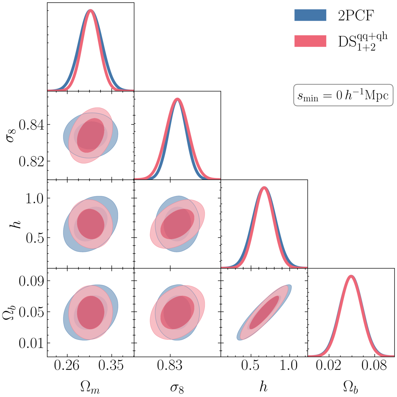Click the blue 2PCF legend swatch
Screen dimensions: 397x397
pyautogui.click(x=310, y=15)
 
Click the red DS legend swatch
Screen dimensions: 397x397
pyautogui.click(x=310, y=41)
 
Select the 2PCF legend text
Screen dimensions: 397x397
pyautogui.click(x=356, y=15)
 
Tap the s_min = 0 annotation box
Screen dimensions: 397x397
pyautogui.click(x=343, y=95)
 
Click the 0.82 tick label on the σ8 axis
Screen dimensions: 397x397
pyautogui.click(x=31, y=161)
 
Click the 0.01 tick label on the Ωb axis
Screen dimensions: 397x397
pyautogui.click(x=31, y=343)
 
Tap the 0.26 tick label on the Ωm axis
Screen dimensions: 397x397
pyautogui.click(x=67, y=365)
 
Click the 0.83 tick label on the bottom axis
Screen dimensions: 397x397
pyautogui.click(x=170, y=365)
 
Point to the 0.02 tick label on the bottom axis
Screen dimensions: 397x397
pyautogui.click(x=328, y=365)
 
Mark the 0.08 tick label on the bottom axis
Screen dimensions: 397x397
pyautogui.click(x=374, y=365)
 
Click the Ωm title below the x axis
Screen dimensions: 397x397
pyautogui.click(x=90, y=387)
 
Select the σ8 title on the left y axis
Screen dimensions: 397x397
pyautogui.click(x=11, y=135)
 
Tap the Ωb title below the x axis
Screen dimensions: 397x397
pyautogui.click(x=351, y=387)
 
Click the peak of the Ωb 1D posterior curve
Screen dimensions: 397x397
pyautogui.click(x=351, y=276)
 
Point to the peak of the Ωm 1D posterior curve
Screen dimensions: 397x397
pyautogui.click(x=91, y=10)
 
